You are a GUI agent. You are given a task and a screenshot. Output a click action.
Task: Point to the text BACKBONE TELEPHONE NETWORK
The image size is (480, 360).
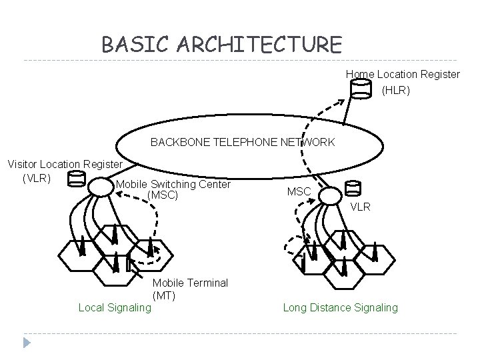[243, 142]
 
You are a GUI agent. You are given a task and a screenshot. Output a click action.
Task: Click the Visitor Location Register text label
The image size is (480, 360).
[65, 164]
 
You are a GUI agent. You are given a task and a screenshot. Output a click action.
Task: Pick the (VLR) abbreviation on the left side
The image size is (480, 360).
[37, 178]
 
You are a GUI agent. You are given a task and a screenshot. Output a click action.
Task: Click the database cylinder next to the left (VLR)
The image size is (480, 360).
[77, 181]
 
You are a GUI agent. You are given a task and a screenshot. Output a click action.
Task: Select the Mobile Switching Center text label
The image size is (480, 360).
[173, 184]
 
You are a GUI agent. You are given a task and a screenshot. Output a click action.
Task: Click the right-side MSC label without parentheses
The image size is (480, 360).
[298, 192]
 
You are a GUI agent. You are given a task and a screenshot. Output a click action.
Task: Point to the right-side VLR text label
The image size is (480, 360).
[361, 207]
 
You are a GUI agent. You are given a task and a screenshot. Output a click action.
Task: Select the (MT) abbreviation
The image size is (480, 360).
[164, 295]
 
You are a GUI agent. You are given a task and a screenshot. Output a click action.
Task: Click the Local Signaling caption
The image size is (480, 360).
[115, 307]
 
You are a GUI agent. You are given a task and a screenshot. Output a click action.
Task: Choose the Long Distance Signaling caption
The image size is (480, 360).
[340, 307]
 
